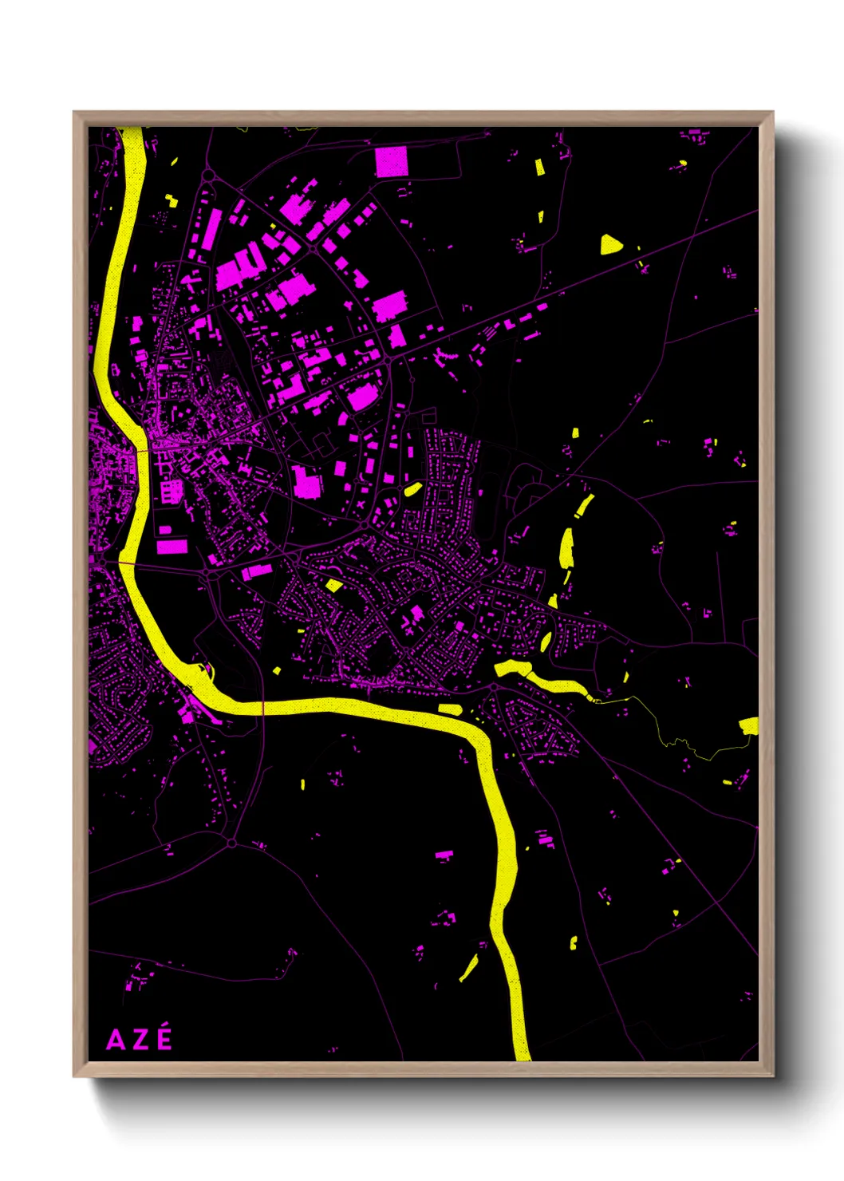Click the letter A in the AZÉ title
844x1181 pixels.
click(116, 1041)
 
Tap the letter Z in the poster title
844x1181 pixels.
click(140, 1041)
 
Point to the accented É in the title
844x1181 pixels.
click(164, 1038)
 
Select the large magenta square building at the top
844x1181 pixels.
click(392, 162)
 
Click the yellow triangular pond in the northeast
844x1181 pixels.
click(610, 244)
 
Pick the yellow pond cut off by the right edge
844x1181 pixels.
click(749, 725)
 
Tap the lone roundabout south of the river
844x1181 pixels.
click(232, 843)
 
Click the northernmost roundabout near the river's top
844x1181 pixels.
click(208, 174)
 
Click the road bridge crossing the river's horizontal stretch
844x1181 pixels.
click(263, 708)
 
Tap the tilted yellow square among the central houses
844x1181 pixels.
click(334, 586)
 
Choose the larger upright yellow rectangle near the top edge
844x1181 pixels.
click(539, 168)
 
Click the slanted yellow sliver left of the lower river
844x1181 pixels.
click(468, 968)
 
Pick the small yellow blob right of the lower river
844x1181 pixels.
click(573, 943)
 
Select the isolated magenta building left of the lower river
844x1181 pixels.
click(444, 856)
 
